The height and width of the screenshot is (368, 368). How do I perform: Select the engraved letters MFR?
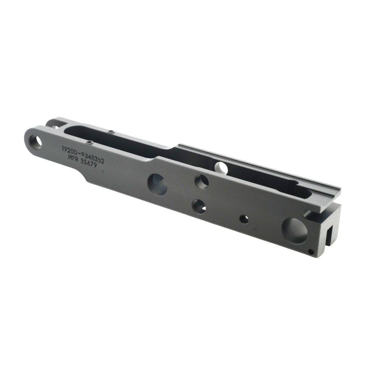pos(74,157)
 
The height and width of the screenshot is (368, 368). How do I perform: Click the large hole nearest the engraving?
pos(157,184)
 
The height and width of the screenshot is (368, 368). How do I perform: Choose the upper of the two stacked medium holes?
pos(202,181)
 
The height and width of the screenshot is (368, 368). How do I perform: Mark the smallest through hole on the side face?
pos(244,219)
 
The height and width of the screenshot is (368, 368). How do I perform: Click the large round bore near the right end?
pos(294,230)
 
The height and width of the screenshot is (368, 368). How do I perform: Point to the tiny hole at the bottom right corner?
pos(311,252)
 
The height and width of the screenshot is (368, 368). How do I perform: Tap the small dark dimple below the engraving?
pos(103,171)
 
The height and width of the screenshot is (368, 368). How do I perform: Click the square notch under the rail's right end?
pos(309,213)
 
